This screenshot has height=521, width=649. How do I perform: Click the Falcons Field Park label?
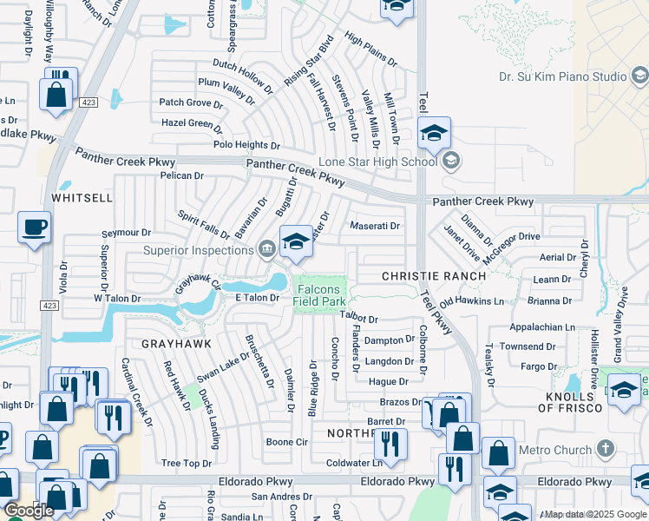click(320, 294)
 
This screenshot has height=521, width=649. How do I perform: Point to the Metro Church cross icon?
click(606, 450)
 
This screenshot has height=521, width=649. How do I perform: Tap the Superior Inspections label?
click(198, 251)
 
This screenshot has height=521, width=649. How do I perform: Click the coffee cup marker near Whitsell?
click(35, 228)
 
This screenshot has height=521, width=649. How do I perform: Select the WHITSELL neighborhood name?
click(82, 198)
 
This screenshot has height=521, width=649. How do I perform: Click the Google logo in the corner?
click(29, 511)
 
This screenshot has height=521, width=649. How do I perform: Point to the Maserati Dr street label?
click(374, 227)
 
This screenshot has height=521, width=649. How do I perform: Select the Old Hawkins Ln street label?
click(471, 301)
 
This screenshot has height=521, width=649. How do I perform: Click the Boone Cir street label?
click(287, 442)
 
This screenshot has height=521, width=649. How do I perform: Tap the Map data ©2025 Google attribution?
click(595, 515)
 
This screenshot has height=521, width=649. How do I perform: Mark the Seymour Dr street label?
click(126, 233)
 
